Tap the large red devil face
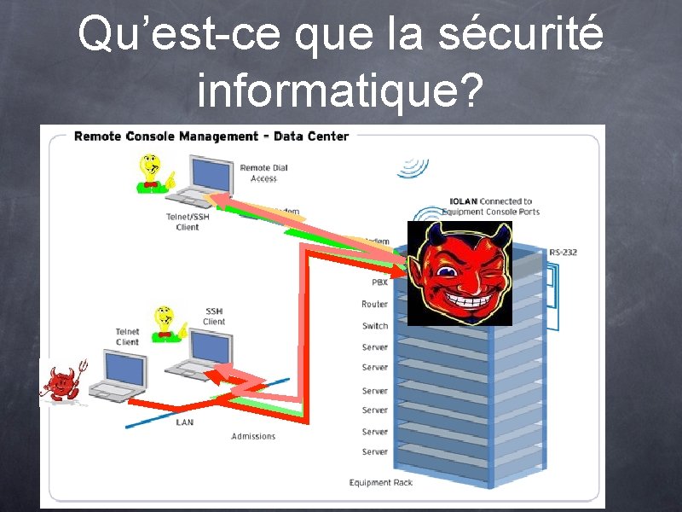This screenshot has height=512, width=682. (459, 273)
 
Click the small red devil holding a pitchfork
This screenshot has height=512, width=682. (61, 383)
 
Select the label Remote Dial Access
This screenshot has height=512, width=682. (263, 173)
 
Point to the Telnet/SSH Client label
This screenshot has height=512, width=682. (187, 222)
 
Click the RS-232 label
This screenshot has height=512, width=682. (563, 253)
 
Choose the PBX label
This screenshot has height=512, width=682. (379, 282)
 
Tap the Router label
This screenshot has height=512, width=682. (374, 304)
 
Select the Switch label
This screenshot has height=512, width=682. (374, 326)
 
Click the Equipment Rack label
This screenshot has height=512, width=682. (380, 483)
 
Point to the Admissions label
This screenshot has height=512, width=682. (253, 437)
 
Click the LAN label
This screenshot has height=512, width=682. (184, 422)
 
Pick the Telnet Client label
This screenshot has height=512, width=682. (127, 337)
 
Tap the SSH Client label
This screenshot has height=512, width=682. (214, 317)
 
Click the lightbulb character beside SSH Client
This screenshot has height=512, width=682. (165, 323)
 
